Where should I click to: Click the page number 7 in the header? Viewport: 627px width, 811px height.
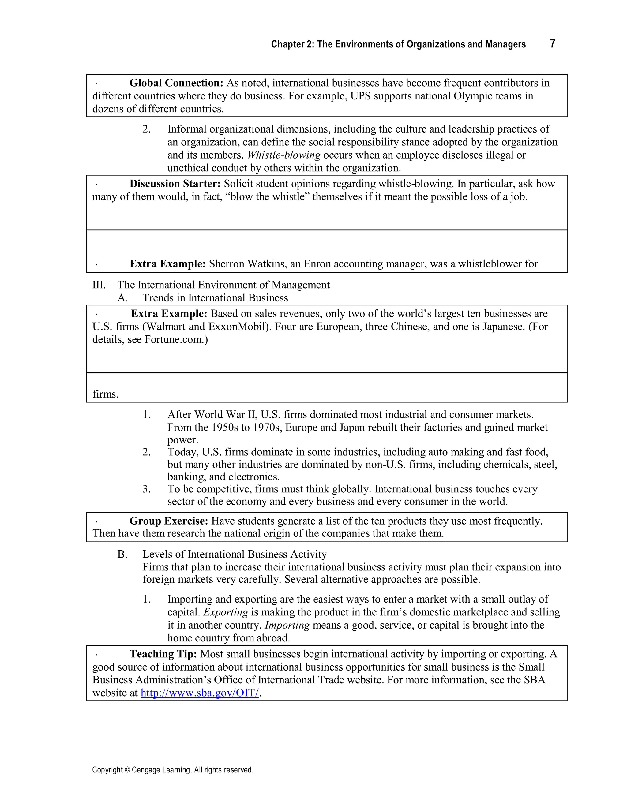(552, 43)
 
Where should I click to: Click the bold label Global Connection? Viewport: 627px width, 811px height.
(176, 83)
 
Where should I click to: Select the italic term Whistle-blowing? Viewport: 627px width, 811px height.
(284, 155)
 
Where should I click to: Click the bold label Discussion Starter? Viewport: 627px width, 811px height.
(175, 184)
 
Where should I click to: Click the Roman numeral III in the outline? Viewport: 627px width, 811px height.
(99, 285)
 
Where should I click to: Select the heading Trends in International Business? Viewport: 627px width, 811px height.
(215, 298)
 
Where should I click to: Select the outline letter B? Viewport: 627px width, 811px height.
(122, 555)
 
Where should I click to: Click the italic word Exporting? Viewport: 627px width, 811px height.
(226, 612)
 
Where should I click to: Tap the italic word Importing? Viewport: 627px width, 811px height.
(287, 625)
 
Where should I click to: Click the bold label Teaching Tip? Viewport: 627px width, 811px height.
(163, 654)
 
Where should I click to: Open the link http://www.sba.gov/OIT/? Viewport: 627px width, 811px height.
(200, 693)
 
